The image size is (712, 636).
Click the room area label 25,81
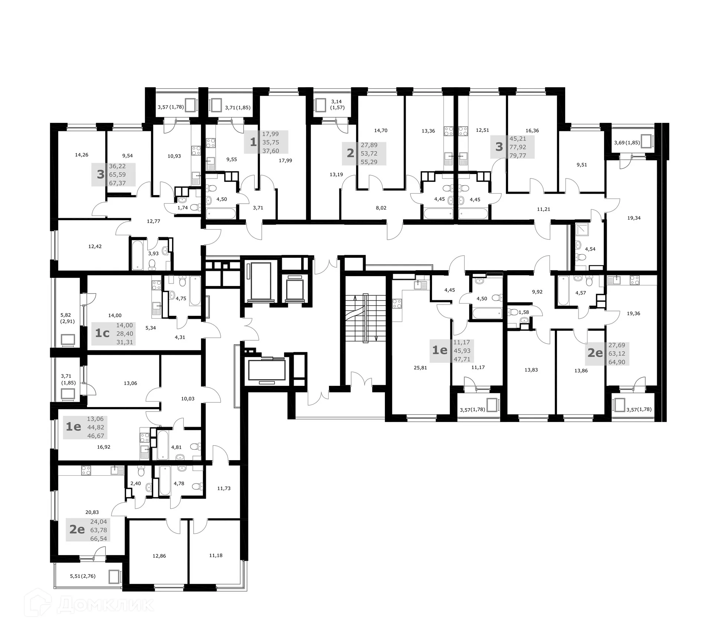click(421, 368)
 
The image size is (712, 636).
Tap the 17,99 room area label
click(285, 161)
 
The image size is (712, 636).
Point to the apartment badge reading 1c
click(102, 333)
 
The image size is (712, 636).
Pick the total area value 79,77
click(518, 155)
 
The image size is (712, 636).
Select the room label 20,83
click(92, 512)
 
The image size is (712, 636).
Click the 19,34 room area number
click(634, 218)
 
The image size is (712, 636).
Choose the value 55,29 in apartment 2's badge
click(369, 162)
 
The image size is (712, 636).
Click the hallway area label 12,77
click(154, 221)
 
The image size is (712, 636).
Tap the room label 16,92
click(104, 447)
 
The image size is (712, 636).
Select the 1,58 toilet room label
click(524, 312)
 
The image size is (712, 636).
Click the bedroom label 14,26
click(82, 155)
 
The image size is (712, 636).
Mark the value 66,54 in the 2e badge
click(99, 538)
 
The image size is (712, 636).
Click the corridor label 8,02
click(381, 208)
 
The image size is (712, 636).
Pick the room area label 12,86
click(159, 556)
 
